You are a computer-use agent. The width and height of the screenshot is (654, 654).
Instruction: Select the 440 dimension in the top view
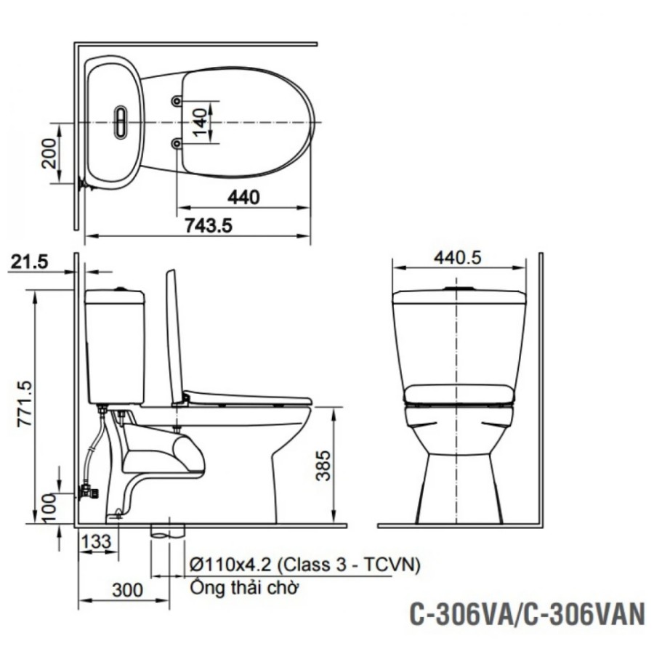[243, 197]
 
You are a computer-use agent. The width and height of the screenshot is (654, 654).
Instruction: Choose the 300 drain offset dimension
[129, 590]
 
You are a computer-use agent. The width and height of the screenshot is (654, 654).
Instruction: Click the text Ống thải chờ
[244, 588]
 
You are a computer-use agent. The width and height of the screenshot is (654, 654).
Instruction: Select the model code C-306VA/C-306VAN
[527, 614]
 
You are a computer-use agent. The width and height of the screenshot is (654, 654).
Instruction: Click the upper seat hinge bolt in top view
[177, 100]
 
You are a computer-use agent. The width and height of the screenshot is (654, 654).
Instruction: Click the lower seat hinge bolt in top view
[177, 144]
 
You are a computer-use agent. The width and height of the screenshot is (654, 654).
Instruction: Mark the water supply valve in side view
[87, 492]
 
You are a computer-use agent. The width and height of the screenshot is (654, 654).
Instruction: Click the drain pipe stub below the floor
[168, 531]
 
